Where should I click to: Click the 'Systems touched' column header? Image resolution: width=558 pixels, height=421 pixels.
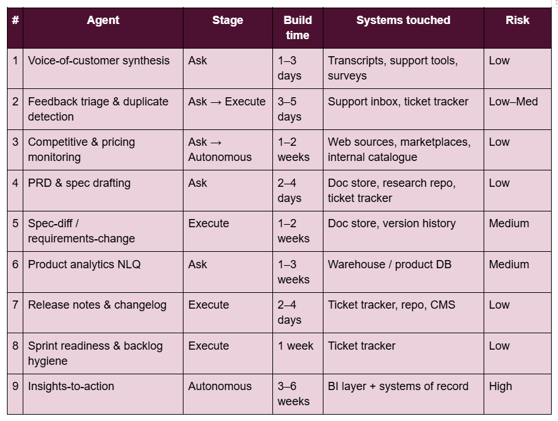click(x=403, y=20)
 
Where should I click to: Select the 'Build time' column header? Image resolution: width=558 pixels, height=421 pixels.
click(x=298, y=28)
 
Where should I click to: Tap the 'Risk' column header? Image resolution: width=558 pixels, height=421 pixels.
click(x=518, y=20)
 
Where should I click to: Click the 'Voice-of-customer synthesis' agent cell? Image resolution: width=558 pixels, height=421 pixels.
click(x=98, y=61)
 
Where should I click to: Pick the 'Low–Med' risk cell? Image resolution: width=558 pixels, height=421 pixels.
click(x=513, y=102)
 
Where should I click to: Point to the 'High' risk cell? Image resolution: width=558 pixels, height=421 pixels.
click(x=501, y=386)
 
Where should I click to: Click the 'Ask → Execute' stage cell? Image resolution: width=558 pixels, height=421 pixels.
click(x=227, y=102)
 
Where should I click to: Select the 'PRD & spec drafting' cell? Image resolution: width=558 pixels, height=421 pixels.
click(x=79, y=183)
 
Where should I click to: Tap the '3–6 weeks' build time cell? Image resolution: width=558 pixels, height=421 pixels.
click(x=293, y=394)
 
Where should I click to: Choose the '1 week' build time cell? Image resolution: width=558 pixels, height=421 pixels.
click(x=295, y=346)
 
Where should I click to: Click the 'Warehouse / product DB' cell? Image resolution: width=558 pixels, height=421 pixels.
click(x=389, y=264)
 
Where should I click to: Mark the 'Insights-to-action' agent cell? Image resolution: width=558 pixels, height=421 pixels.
click(x=71, y=386)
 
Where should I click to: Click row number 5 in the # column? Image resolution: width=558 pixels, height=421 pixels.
click(x=15, y=223)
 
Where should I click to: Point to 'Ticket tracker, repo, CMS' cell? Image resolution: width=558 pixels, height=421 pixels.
click(x=392, y=305)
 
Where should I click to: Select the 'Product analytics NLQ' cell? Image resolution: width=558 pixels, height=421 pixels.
click(x=84, y=264)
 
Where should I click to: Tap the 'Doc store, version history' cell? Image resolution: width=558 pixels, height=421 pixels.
click(x=392, y=223)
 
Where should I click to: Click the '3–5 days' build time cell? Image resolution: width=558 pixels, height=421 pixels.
click(x=289, y=109)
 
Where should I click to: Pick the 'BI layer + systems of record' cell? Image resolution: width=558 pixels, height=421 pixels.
click(x=398, y=386)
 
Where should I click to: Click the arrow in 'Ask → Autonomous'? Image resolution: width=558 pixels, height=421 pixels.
click(x=216, y=143)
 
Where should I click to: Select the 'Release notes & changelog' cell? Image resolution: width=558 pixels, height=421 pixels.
click(x=97, y=305)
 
